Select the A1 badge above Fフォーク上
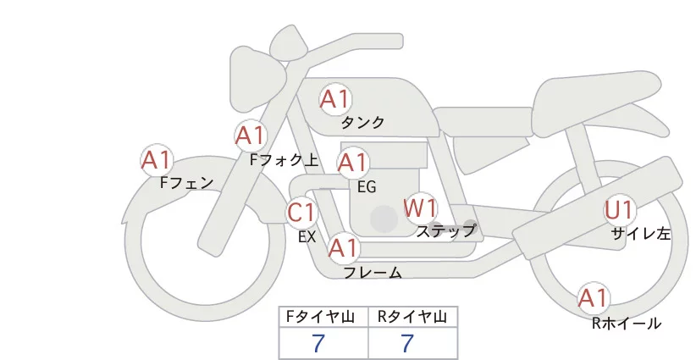click(250, 135)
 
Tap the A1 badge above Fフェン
click(157, 159)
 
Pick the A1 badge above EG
click(353, 162)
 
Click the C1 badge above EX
click(301, 212)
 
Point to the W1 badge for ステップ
click(420, 207)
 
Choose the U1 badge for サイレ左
click(619, 209)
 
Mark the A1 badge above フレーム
click(343, 248)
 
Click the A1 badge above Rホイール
click(594, 297)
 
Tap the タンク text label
click(362, 122)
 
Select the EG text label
click(367, 186)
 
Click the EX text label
click(307, 237)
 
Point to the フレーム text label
click(373, 273)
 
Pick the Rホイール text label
click(627, 323)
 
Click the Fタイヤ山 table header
click(323, 318)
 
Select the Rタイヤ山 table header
click(412, 318)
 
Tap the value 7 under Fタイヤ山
click(318, 343)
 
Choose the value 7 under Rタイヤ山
click(408, 343)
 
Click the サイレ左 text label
click(641, 234)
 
